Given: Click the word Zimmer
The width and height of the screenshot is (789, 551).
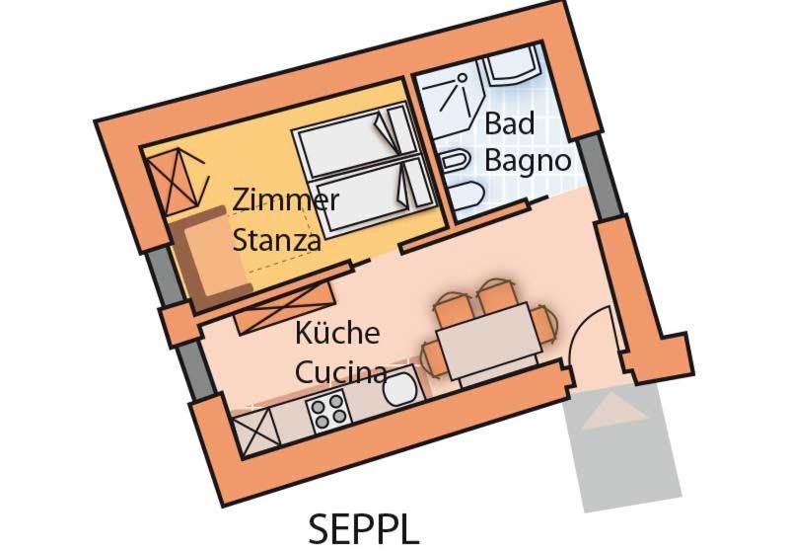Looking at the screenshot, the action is [x=285, y=199].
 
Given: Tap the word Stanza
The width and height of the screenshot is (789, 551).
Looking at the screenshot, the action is [x=277, y=240].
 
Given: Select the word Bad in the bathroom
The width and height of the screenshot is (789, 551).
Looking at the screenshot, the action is [x=509, y=123].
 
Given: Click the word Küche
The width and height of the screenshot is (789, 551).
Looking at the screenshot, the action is [x=337, y=333].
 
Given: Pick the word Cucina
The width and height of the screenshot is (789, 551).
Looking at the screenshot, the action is [x=340, y=371].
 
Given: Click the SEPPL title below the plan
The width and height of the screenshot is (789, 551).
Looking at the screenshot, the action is [x=364, y=528].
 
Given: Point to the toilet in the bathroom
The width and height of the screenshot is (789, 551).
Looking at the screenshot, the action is [x=466, y=196].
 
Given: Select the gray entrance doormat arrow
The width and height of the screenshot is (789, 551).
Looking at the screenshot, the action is [x=613, y=411].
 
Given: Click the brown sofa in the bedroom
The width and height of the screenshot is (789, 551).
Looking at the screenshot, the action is [x=211, y=257].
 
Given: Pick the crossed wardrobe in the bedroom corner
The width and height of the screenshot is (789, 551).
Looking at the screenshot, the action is [x=178, y=180].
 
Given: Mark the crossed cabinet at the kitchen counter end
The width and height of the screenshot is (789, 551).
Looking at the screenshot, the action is [x=256, y=431].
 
